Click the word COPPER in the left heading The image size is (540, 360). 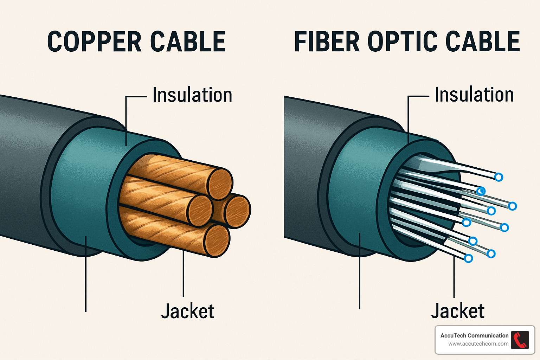[94, 42]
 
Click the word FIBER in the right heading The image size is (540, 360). [327, 41]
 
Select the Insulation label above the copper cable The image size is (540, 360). [192, 95]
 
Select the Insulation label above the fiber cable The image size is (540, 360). [474, 95]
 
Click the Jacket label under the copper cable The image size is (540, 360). [188, 311]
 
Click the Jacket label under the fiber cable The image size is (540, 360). [458, 311]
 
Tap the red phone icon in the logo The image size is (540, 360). [520, 340]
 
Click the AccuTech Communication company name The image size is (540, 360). [474, 335]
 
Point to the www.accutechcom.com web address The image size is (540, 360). [478, 344]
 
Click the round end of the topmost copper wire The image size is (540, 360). [220, 184]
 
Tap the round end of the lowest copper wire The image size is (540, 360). [217, 240]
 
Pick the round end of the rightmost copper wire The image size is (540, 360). [237, 211]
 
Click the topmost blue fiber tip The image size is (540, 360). [499, 177]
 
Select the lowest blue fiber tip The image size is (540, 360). [468, 258]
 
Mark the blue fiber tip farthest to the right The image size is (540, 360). [513, 206]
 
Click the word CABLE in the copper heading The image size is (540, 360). [188, 42]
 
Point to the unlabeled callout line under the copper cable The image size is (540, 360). [86, 281]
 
